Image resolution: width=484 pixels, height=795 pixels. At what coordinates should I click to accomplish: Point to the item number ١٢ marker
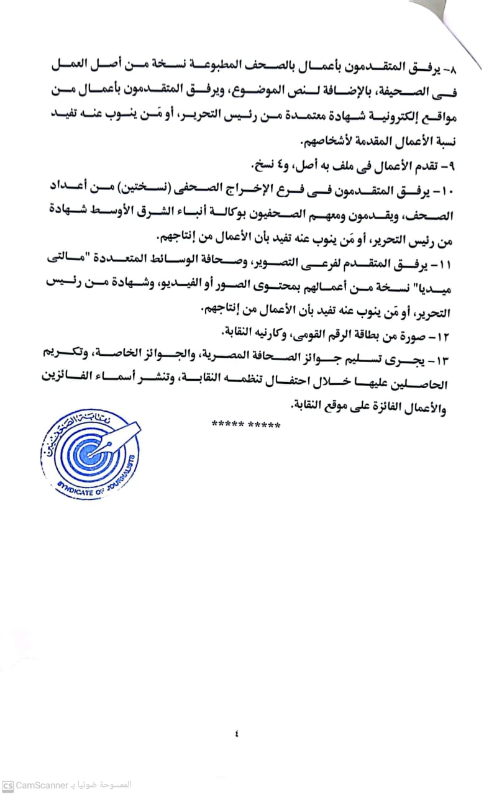pyautogui.click(x=447, y=337)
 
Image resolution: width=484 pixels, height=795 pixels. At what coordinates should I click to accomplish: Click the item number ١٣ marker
pyautogui.click(x=447, y=361)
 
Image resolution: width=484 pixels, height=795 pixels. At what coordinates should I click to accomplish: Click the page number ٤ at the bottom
pyautogui.click(x=237, y=734)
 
